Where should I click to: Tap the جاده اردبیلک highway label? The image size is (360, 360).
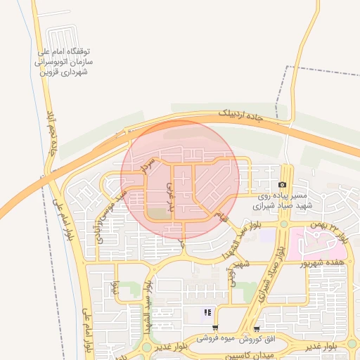tap(240, 115)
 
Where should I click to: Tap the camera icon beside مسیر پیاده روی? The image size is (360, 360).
tap(283, 184)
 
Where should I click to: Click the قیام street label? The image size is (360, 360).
tap(224, 214)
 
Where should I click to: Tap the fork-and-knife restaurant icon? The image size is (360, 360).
tap(207, 312)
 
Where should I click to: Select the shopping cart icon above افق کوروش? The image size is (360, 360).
tap(257, 328)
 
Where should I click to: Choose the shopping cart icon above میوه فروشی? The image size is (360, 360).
tap(214, 328)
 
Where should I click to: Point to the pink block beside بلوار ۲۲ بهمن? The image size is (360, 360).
tap(316, 243)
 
